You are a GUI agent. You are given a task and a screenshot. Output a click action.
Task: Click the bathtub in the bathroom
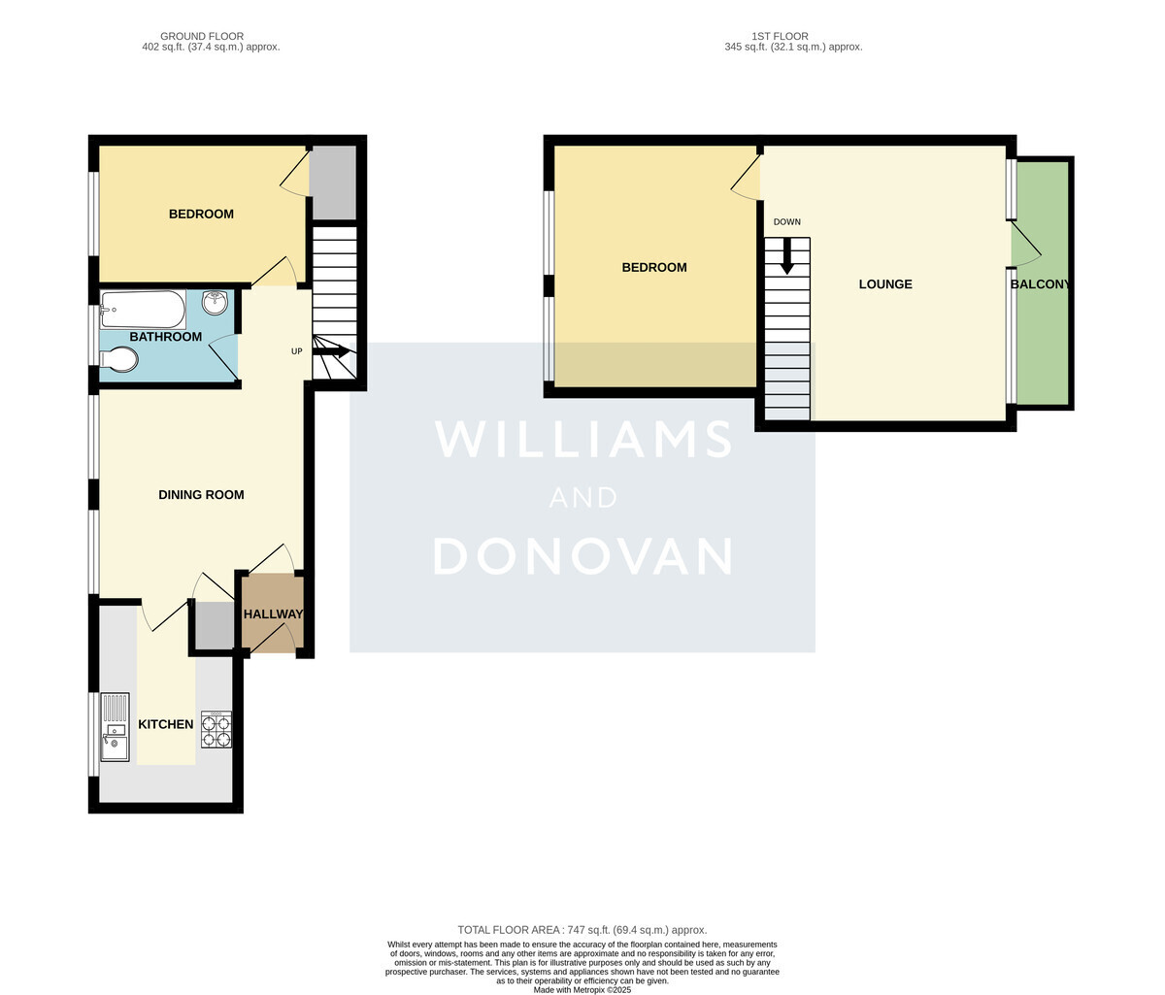coord(143,309)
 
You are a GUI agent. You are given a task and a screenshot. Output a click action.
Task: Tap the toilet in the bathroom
coord(118,359)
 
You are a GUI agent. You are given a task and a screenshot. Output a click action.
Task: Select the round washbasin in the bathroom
coord(215,302)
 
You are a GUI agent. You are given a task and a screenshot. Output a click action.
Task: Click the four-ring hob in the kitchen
coord(216,729)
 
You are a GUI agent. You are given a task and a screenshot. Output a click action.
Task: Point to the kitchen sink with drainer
coord(115,727)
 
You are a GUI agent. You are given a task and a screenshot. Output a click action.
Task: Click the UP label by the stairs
coord(296,351)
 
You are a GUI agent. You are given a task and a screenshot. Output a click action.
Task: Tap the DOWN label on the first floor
coord(786,222)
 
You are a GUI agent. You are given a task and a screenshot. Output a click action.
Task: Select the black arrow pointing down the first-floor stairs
coord(786,256)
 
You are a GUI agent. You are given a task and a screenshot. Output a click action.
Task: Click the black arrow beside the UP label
coord(331,351)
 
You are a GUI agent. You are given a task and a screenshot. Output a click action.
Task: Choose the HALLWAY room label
coord(274,614)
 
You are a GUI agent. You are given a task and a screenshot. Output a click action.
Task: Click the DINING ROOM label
coord(201,495)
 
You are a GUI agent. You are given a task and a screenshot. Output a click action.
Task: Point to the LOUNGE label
coord(885,284)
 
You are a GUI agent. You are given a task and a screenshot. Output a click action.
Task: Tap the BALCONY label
coord(1040,284)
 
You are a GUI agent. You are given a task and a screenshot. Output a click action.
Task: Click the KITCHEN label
coord(166,724)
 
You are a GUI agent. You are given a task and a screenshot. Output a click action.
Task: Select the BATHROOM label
coord(166,337)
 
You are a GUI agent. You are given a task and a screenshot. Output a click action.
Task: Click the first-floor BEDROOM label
coord(654,267)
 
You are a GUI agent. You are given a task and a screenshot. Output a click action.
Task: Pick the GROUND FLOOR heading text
coord(202,36)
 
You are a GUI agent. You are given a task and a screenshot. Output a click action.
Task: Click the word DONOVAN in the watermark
coord(582,556)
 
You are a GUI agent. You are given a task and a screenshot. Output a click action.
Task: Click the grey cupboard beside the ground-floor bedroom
coord(334,182)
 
